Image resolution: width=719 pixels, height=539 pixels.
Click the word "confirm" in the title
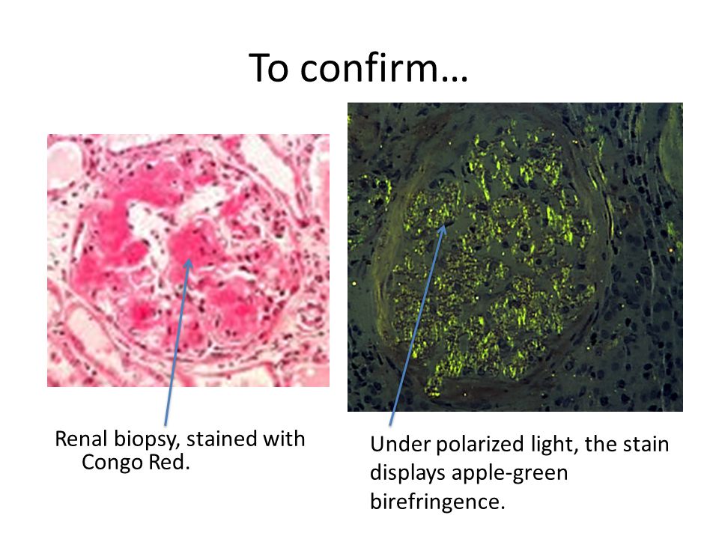point(370,68)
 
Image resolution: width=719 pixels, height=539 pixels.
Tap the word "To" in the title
point(269,68)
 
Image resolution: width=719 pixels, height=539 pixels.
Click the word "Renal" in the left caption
point(81,439)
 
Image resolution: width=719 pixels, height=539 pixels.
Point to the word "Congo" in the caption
point(107,463)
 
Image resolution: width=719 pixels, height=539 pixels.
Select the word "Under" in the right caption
point(400,444)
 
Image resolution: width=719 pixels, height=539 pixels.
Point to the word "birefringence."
point(437,501)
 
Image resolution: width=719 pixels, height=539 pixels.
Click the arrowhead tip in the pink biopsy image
point(189,258)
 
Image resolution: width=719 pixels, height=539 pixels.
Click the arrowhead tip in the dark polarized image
point(444,225)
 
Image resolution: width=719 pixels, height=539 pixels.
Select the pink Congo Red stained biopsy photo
point(188,261)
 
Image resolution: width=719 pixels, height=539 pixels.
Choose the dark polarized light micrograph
point(515,257)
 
